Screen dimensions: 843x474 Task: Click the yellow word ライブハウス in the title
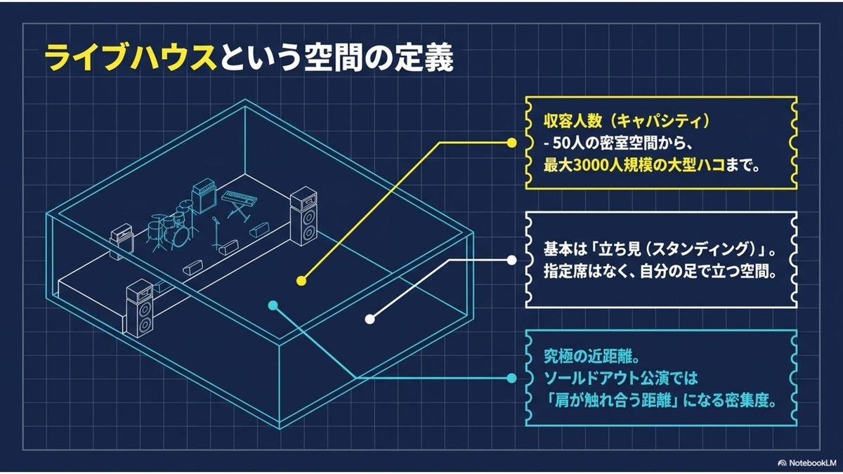pos(131,59)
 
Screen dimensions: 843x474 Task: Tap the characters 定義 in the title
pos(424,59)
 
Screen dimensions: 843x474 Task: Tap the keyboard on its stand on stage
pos(240,204)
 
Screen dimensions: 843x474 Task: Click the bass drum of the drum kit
pos(180,236)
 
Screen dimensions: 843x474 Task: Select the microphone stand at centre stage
pos(216,233)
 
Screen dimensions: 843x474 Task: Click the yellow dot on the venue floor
pos(301,281)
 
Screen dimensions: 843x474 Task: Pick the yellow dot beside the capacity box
pos(511,143)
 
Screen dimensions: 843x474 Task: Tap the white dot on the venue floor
pos(370,320)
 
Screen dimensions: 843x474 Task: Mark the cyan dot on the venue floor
pos(273,305)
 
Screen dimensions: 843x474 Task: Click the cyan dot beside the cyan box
pos(511,378)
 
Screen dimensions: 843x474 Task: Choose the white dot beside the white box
pos(511,260)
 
